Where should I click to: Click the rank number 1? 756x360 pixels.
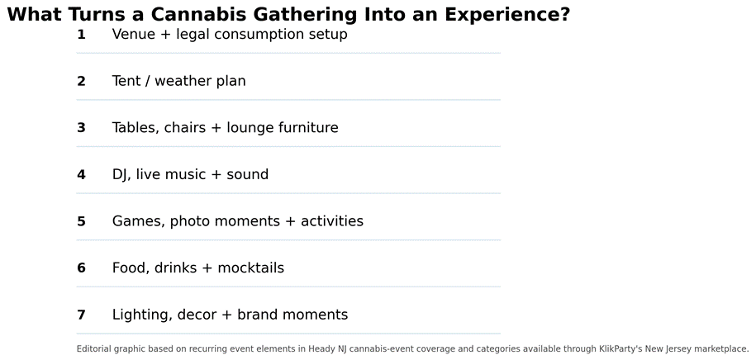(x=81, y=35)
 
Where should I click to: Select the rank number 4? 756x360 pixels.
(x=81, y=174)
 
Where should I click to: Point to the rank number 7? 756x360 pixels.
(x=81, y=315)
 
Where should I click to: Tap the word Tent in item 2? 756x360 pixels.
(x=126, y=81)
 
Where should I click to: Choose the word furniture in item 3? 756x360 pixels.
(x=308, y=128)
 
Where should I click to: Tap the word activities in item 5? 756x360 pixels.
(x=332, y=221)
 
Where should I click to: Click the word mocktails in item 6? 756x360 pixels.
(x=250, y=268)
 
